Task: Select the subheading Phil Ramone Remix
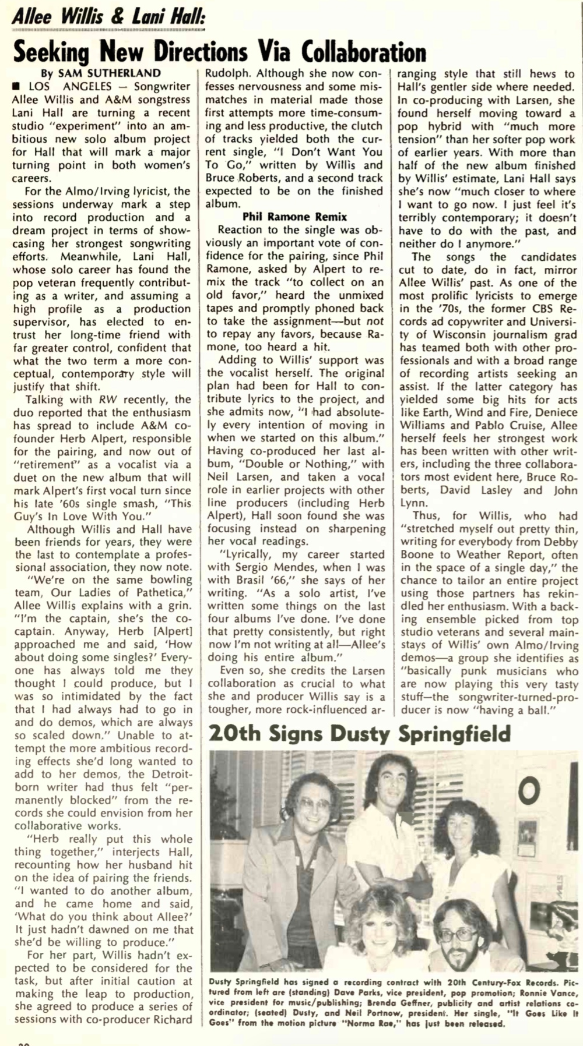tap(295, 217)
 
